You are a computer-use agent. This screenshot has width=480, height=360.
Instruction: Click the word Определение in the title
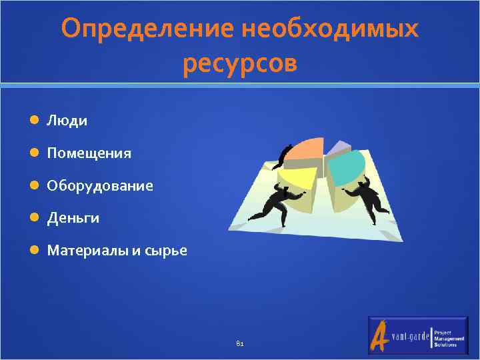point(147,29)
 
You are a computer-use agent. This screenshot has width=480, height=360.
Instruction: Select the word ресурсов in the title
point(239,64)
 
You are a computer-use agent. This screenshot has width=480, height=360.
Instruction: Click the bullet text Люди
point(67,121)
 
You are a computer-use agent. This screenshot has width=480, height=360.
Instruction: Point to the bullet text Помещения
point(89,153)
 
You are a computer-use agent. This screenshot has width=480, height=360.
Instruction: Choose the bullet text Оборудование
point(99,185)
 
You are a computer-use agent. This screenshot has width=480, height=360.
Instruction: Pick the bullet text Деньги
point(73,218)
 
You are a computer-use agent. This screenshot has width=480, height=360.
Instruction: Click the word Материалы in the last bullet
point(83,251)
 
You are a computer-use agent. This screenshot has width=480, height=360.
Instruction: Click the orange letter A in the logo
point(380,333)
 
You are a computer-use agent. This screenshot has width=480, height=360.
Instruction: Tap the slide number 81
point(240,344)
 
